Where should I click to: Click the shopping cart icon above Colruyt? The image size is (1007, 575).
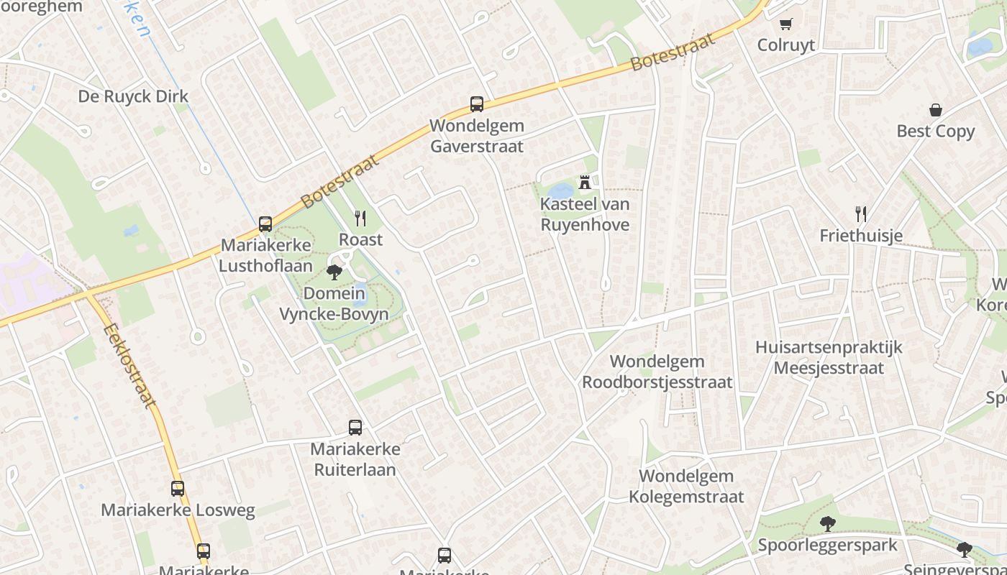click(785, 24)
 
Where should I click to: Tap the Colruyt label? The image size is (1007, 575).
click(785, 45)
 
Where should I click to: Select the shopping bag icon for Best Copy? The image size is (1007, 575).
click(935, 110)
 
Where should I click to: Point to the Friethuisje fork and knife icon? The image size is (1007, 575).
click(860, 213)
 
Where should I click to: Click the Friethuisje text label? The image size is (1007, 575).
click(861, 236)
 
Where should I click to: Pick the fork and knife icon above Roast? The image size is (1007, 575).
click(360, 218)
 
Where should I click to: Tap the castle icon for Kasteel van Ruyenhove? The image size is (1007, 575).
click(585, 183)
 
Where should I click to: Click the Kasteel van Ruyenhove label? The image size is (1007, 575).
click(585, 214)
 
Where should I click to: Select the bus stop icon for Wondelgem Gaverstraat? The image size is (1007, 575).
click(476, 104)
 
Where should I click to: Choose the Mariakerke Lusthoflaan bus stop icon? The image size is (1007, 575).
click(265, 224)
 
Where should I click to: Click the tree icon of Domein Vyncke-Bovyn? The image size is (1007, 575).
click(334, 272)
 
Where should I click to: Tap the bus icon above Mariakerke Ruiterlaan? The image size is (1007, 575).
click(355, 428)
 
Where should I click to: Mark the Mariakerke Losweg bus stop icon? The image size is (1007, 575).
click(178, 489)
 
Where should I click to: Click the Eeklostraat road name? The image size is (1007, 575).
click(129, 367)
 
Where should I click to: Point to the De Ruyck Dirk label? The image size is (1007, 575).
click(133, 96)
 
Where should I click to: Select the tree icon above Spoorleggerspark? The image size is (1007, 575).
click(828, 524)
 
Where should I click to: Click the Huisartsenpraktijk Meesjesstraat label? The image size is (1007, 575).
click(829, 358)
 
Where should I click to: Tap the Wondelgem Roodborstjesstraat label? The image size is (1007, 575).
click(657, 372)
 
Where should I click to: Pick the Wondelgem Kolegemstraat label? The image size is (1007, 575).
click(686, 486)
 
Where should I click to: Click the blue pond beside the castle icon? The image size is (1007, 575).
click(562, 191)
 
